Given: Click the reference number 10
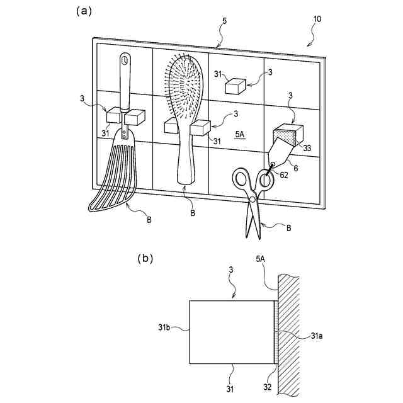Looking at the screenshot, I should (317, 19).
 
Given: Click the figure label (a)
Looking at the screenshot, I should (85, 11).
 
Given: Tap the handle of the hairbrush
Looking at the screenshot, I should (187, 157).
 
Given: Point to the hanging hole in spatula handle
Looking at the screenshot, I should (125, 61).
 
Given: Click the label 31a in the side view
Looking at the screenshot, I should (317, 336).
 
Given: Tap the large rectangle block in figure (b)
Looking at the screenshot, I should (232, 331).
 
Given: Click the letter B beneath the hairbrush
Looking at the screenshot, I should (193, 213).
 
